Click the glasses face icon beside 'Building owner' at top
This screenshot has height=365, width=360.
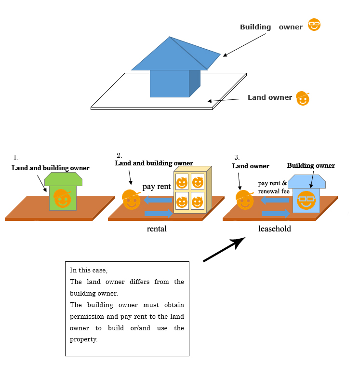click(314, 25)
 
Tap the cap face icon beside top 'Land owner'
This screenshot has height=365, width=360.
click(303, 98)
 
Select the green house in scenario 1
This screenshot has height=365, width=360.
click(63, 191)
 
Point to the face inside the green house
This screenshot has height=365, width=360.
click(62, 198)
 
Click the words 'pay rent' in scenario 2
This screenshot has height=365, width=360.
click(157, 187)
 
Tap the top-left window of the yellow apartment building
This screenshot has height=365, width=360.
click(182, 182)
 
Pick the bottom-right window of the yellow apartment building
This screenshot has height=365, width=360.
click(197, 201)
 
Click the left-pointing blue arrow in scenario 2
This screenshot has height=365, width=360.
click(158, 200)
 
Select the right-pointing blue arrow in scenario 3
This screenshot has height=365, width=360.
click(276, 213)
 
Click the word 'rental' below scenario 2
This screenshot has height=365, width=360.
click(157, 229)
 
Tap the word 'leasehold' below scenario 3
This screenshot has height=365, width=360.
click(275, 229)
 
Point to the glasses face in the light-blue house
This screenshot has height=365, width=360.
click(306, 200)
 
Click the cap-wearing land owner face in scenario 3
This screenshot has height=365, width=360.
click(244, 200)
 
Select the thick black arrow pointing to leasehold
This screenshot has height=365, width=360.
click(224, 249)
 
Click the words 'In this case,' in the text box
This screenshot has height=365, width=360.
click(88, 270)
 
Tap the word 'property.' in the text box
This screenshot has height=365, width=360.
click(83, 339)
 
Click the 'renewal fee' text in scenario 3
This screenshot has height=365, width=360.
click(274, 191)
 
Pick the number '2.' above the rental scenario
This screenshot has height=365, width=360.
click(119, 155)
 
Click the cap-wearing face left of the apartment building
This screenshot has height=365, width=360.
click(131, 200)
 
